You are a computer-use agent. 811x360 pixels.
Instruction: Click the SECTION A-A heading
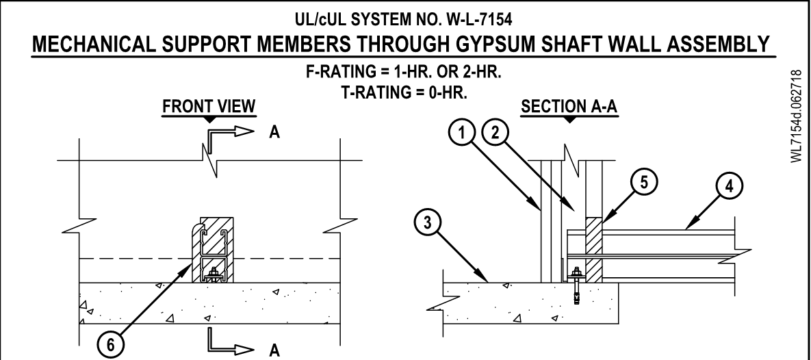coord(569,107)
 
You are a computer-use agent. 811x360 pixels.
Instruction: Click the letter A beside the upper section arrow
coord(273,131)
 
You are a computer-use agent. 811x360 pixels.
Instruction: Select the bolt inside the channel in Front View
coord(214,275)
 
